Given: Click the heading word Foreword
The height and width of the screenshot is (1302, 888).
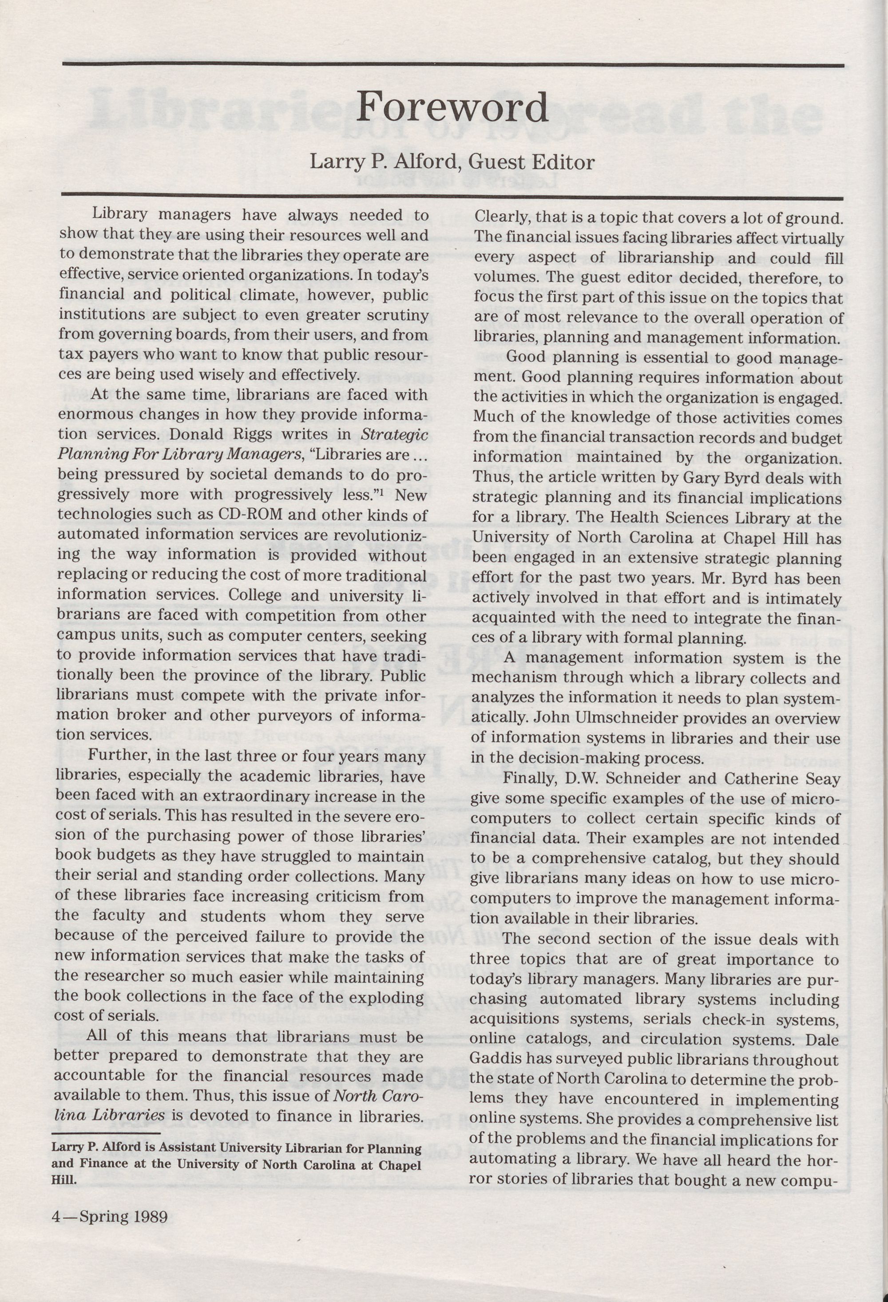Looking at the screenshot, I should tap(452, 107).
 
